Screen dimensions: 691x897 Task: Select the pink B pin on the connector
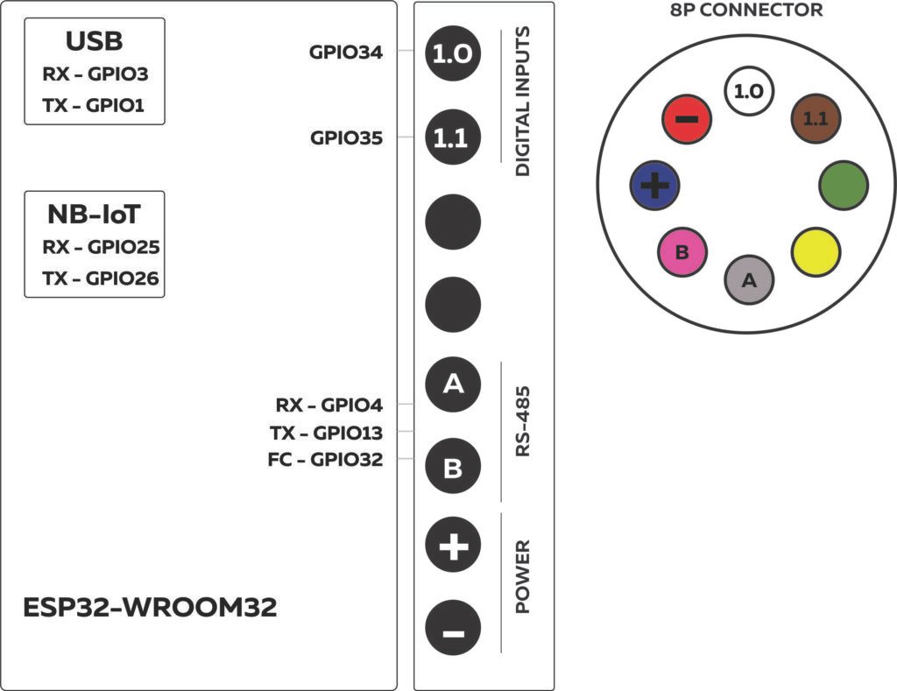(682, 252)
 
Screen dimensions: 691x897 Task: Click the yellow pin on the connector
(816, 252)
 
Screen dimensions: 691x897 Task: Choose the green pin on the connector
(844, 185)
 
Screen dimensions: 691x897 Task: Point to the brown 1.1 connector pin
(816, 119)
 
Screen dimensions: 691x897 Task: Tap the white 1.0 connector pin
(748, 91)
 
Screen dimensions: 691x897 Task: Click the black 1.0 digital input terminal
(453, 54)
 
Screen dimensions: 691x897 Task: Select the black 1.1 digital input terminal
(453, 137)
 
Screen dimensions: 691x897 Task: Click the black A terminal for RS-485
(453, 384)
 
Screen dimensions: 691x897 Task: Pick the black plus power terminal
(453, 547)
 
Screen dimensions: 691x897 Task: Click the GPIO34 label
(346, 52)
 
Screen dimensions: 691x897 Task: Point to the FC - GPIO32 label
(325, 459)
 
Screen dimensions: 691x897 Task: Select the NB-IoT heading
(94, 214)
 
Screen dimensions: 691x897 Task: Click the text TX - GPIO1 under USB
(94, 105)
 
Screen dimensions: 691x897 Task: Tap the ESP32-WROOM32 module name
(150, 608)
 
